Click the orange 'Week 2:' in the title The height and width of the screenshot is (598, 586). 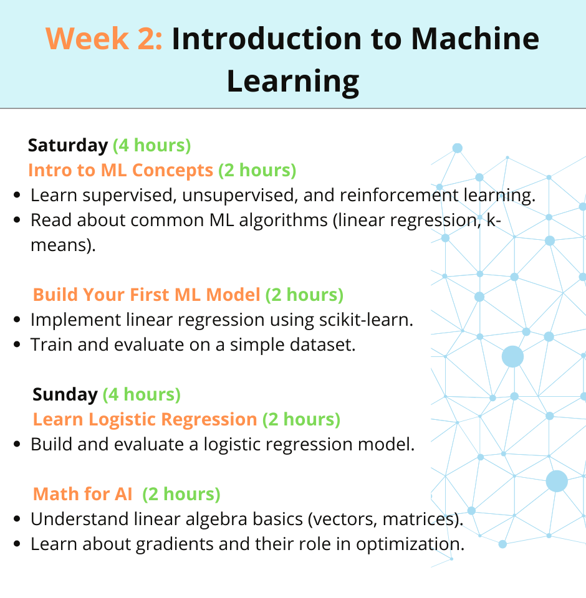pyautogui.click(x=104, y=39)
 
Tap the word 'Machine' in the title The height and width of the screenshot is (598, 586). pyautogui.click(x=475, y=39)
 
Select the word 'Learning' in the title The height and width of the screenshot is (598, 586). pyautogui.click(x=293, y=82)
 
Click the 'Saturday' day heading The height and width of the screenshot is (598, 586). pyautogui.click(x=68, y=145)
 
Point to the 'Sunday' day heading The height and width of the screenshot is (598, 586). pyautogui.click(x=65, y=395)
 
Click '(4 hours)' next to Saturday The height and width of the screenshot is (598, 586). pyautogui.click(x=152, y=145)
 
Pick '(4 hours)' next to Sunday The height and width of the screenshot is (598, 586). pyautogui.click(x=142, y=394)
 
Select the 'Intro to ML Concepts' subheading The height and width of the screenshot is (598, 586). pyautogui.click(x=121, y=170)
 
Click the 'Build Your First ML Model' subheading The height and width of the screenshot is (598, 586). pyautogui.click(x=146, y=295)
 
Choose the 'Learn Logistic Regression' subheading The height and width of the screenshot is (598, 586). pyautogui.click(x=145, y=419)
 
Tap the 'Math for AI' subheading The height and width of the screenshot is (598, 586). pyautogui.click(x=83, y=494)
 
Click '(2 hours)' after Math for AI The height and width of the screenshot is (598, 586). pyautogui.click(x=181, y=494)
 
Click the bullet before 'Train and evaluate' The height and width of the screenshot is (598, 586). pyautogui.click(x=17, y=344)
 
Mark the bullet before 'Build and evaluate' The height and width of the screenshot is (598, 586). pyautogui.click(x=17, y=444)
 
